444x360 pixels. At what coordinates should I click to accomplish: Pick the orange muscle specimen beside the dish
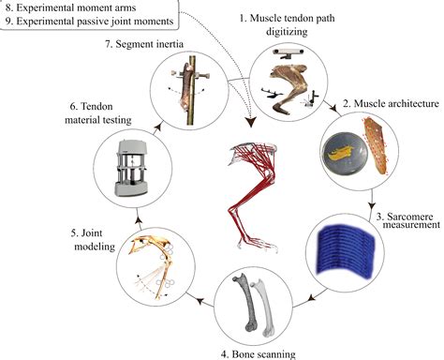tap(379, 141)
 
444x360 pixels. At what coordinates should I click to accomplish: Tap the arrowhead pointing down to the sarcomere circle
tap(372, 205)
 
